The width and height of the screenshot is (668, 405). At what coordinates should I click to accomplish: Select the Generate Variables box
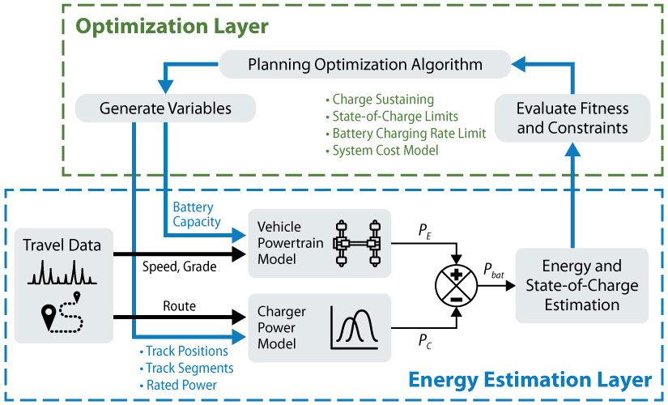pyautogui.click(x=165, y=107)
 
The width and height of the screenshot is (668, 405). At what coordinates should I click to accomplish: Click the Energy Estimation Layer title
pyautogui.click(x=530, y=379)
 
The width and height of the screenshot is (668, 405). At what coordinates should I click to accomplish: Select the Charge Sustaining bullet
pyautogui.click(x=372, y=100)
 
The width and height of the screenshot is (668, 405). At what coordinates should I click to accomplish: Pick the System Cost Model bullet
pyautogui.click(x=377, y=151)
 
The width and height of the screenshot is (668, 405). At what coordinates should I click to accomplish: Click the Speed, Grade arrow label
pyautogui.click(x=180, y=266)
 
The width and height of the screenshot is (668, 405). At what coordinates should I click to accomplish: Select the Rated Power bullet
pyautogui.click(x=180, y=385)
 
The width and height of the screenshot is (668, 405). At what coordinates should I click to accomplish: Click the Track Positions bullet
pyautogui.click(x=186, y=352)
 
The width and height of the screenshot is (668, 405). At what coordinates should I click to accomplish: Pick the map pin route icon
pyautogui.click(x=63, y=310)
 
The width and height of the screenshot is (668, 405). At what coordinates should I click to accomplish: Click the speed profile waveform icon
pyautogui.click(x=63, y=271)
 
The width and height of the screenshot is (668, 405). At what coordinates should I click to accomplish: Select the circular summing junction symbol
pyautogui.click(x=457, y=284)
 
